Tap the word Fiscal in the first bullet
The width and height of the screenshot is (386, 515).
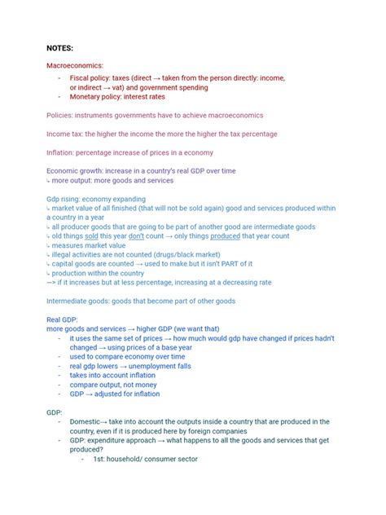click(82, 77)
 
